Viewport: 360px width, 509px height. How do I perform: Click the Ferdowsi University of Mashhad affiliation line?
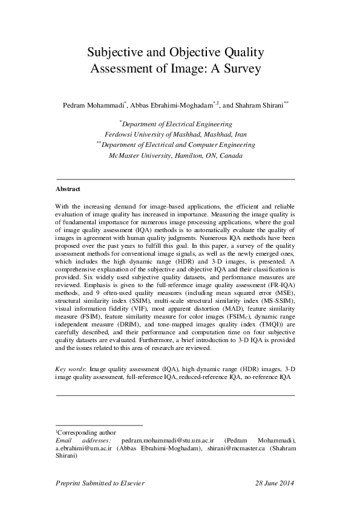point(175,134)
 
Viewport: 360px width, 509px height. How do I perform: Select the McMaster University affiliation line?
point(175,155)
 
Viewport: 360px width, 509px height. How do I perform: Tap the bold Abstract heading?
point(67,189)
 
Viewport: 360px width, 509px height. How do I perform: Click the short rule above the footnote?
point(99,426)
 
